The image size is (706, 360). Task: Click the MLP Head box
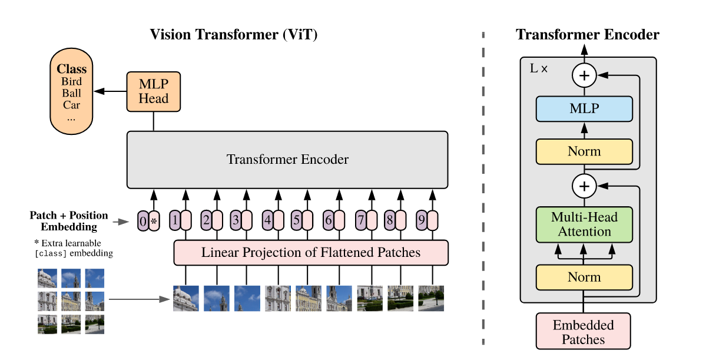[x=154, y=91]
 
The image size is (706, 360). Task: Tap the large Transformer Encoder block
[x=287, y=159]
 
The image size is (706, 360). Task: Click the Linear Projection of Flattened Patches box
[x=311, y=253]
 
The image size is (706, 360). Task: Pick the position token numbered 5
[x=297, y=221]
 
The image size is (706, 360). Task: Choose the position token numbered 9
[x=421, y=221]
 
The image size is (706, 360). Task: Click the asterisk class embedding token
[x=154, y=221]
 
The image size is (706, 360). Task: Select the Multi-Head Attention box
[x=584, y=224]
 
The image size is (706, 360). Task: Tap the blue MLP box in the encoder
[x=584, y=109]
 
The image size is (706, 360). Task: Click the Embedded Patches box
[x=584, y=332]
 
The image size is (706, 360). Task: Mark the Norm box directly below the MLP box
[x=584, y=151]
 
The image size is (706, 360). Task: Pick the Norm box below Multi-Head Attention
[x=584, y=277]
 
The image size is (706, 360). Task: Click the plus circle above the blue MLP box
[x=584, y=75]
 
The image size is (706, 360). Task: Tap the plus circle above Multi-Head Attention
[x=584, y=187]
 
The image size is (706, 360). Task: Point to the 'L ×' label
[x=538, y=68]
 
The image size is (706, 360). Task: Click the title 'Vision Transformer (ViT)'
[x=234, y=35]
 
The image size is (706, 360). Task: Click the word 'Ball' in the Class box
[x=71, y=93]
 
